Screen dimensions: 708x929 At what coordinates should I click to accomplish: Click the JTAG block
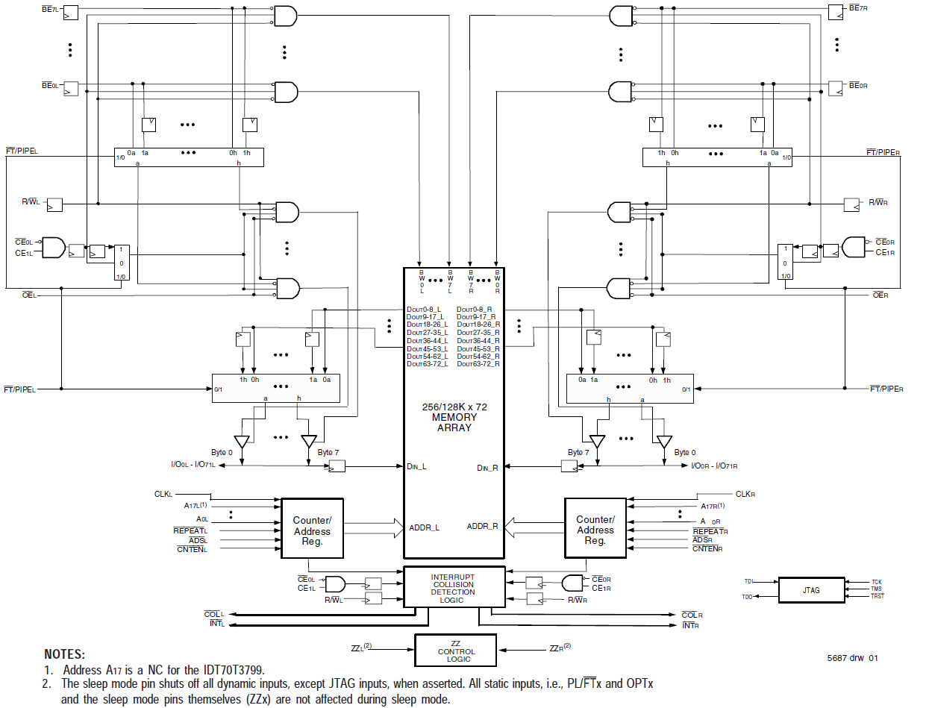[811, 589]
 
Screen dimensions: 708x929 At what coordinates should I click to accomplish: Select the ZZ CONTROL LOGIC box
[455, 651]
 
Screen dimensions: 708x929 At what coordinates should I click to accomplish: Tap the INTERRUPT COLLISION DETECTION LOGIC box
[454, 589]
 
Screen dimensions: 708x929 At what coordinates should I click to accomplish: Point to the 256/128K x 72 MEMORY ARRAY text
[454, 417]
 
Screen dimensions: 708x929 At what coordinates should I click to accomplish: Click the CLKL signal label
[163, 493]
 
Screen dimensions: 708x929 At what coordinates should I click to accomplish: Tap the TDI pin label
[748, 581]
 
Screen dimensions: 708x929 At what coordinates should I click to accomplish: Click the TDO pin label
[748, 597]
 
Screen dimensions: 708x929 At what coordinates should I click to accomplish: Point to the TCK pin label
[876, 581]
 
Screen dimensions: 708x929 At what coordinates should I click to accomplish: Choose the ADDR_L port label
[424, 527]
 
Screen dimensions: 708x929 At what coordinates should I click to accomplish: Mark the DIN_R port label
[488, 468]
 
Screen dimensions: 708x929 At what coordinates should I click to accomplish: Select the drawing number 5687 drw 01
[852, 658]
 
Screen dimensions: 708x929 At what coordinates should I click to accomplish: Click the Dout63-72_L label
[427, 363]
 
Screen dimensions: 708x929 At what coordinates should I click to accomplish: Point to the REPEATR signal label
[710, 531]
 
